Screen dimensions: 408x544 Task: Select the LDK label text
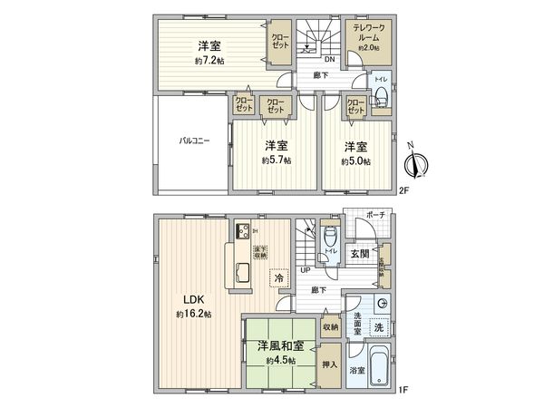(x=193, y=300)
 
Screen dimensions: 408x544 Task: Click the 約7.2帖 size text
(x=209, y=61)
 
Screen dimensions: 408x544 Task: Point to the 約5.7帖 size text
(x=277, y=160)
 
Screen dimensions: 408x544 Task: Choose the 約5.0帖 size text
(x=355, y=160)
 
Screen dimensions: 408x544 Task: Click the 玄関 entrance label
(x=360, y=254)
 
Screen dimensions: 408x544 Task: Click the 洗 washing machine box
(x=380, y=325)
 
